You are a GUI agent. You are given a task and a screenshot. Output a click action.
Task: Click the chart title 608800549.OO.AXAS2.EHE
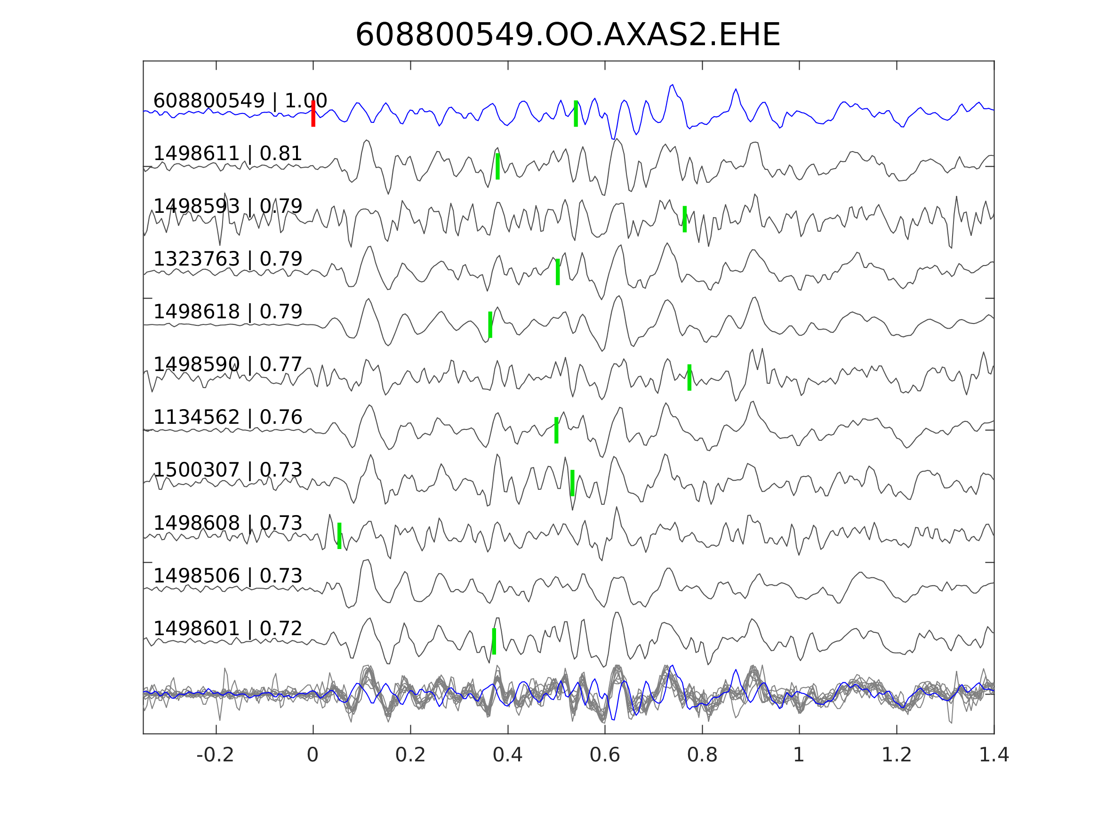click(x=568, y=35)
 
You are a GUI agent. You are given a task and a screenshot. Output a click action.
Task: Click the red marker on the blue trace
click(x=313, y=113)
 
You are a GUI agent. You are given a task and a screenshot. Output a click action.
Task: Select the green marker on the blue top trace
click(x=576, y=113)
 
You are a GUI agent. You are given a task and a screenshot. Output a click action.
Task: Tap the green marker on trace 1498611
click(x=497, y=166)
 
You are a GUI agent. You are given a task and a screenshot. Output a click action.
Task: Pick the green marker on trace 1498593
click(x=684, y=219)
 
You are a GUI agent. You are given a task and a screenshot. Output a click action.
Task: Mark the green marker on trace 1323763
click(x=557, y=272)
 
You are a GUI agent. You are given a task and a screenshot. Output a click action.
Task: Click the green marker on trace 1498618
click(x=490, y=325)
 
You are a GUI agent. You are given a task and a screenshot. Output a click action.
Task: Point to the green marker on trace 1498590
click(x=689, y=378)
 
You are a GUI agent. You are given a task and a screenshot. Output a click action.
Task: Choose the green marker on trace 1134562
click(x=556, y=430)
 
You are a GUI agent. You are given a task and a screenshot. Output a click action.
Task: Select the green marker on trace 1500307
click(x=572, y=483)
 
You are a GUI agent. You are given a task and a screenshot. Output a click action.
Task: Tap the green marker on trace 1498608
click(x=339, y=536)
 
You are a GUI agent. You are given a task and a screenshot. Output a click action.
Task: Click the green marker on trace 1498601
click(x=494, y=641)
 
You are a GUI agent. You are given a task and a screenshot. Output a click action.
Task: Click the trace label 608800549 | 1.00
click(x=240, y=101)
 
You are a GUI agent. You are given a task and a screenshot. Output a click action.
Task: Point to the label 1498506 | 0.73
click(x=227, y=576)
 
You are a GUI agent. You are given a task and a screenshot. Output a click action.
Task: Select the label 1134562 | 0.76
click(x=227, y=417)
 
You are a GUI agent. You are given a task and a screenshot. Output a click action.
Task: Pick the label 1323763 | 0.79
click(x=227, y=259)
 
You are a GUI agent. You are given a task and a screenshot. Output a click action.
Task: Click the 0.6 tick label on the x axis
click(x=605, y=755)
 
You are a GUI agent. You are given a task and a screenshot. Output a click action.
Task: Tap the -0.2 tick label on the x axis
click(x=215, y=755)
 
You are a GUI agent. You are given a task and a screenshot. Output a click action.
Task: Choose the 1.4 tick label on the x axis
click(x=993, y=755)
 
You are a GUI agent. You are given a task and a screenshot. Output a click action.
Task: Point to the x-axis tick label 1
click(x=799, y=755)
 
